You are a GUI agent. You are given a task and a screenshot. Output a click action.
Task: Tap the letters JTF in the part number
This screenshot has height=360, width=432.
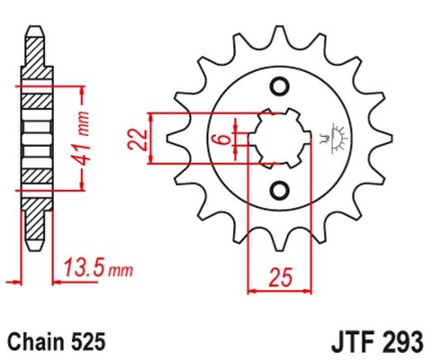pyautogui.click(x=343, y=342)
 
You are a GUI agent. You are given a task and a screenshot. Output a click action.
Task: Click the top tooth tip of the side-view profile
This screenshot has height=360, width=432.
pyautogui.click(x=33, y=27)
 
